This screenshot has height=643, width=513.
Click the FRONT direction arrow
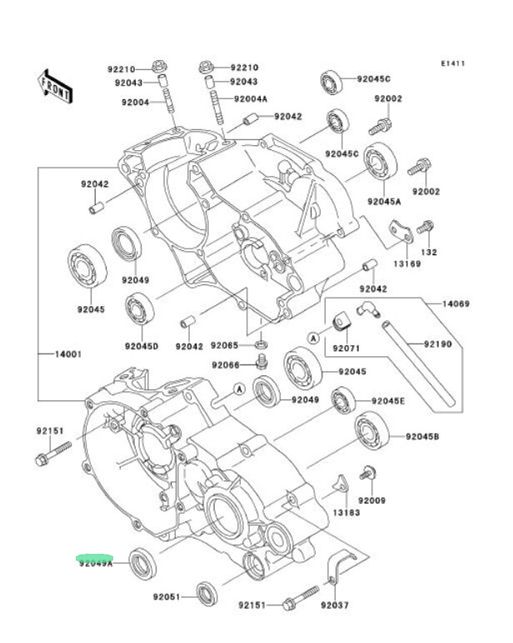[x=53, y=86]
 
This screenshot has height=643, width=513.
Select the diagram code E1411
[x=454, y=64]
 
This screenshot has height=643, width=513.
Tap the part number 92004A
[x=251, y=99]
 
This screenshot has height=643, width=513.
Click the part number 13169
[x=407, y=263]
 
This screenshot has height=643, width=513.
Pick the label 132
[x=428, y=252]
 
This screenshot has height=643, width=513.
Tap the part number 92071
[x=346, y=347]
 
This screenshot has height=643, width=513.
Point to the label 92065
[x=225, y=345]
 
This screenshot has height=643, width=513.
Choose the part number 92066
[x=225, y=365]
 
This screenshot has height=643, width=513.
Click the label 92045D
[x=142, y=346]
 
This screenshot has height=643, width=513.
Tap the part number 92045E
[x=388, y=401]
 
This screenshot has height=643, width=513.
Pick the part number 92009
[x=371, y=500]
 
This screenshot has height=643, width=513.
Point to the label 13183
[x=346, y=513]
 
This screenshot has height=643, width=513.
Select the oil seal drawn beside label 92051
[x=208, y=591]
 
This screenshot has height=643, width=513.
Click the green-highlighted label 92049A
[x=96, y=563]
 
